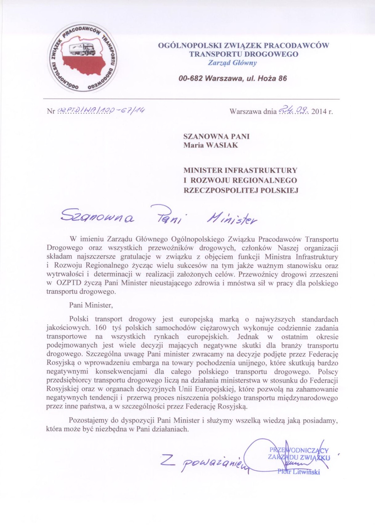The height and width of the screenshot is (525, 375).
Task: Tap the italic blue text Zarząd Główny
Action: point(232,63)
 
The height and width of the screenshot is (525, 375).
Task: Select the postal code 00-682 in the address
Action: point(191,78)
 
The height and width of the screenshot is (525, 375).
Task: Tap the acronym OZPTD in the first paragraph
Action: point(67,283)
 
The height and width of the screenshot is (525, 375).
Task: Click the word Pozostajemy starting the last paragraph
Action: point(90,420)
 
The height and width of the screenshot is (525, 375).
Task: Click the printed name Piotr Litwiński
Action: point(298,471)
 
